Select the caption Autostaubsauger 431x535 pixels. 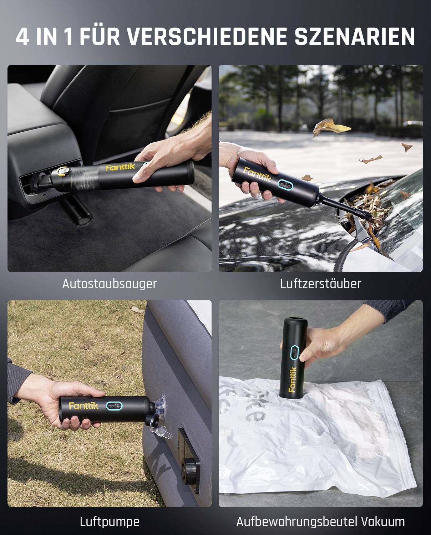click(109, 284)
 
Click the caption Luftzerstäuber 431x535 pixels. click(320, 284)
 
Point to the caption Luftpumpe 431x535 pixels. click(109, 522)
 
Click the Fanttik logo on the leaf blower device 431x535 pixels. click(257, 175)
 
